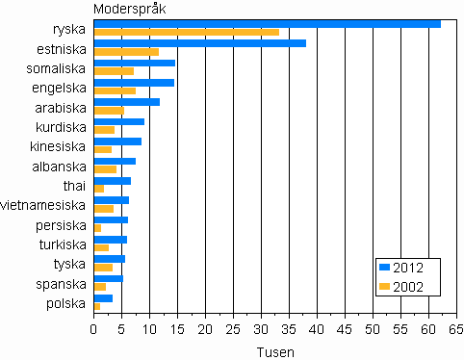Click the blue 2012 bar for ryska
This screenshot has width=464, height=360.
[x=267, y=24]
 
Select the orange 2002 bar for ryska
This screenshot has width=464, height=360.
[x=186, y=32]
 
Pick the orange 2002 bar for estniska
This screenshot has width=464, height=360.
[x=126, y=52]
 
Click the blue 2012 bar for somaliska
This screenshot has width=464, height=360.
[x=134, y=63]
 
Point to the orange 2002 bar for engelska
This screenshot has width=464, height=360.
[x=115, y=91]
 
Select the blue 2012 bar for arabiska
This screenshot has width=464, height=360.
[x=126, y=102]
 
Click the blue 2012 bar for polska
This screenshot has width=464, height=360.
[x=103, y=298]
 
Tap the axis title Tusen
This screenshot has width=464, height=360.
[x=275, y=352]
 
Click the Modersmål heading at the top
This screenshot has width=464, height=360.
[x=129, y=9]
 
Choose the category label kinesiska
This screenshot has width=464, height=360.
[x=59, y=146]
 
